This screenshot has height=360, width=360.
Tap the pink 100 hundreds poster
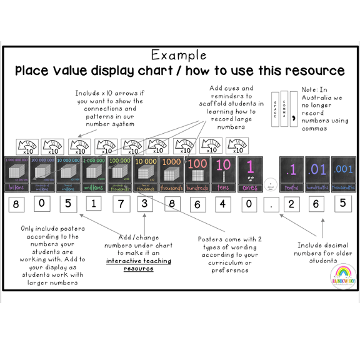pos(197,170)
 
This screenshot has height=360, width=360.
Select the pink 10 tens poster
pos(223,170)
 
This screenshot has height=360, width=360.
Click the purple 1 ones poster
pos(249,170)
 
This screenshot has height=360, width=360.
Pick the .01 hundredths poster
pos(317,170)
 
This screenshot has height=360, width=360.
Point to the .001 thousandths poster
pos(342,170)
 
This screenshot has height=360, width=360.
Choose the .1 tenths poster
pos(291,170)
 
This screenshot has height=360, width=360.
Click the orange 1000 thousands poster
pos(171,170)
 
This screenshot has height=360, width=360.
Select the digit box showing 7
pos(120,204)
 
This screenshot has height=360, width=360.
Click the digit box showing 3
pos(145,204)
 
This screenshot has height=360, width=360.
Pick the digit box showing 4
pos(223,204)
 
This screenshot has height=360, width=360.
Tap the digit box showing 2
pos(291,204)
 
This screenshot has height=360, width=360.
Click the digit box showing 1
pos(93,204)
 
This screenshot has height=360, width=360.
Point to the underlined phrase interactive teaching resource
pos(138,264)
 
